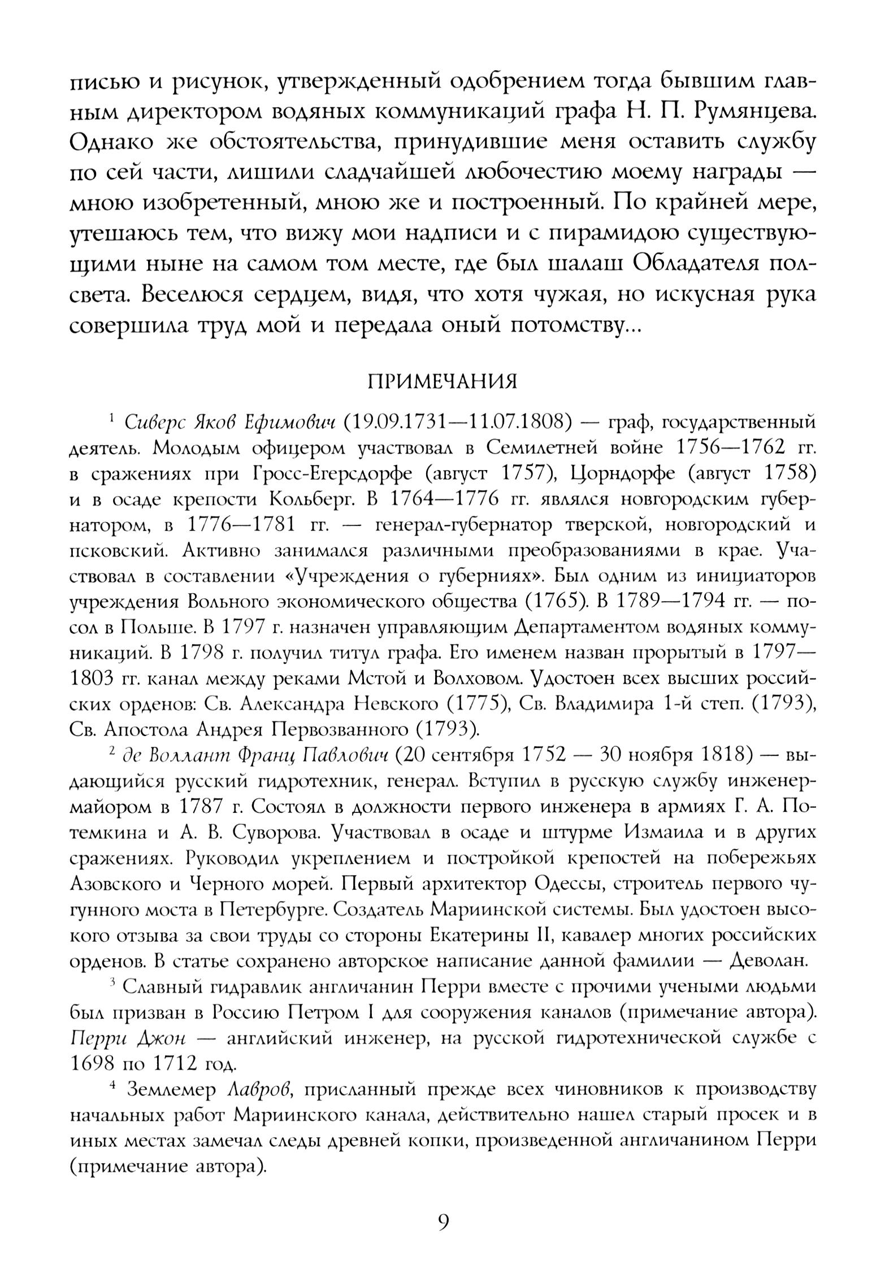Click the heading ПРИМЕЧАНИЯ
point(442,382)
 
